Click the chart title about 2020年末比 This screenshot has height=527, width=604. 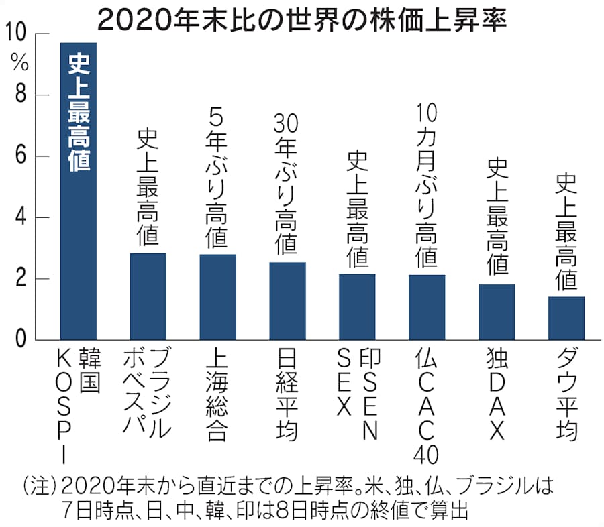point(301,19)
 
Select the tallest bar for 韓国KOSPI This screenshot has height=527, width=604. point(79,255)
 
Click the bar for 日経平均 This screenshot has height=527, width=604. point(287,301)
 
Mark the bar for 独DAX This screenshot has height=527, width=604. point(497,312)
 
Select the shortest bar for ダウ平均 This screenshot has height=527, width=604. point(566,318)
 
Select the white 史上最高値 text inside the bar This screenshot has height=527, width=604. point(79,114)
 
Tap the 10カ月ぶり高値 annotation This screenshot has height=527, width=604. point(427,184)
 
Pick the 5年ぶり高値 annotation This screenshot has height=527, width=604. point(217,178)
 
